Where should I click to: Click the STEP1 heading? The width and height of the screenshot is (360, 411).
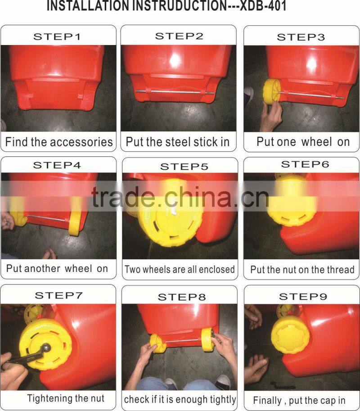pos(57,37)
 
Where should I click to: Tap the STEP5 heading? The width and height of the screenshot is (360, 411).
pos(184,167)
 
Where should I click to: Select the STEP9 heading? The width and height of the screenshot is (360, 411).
pos(303,297)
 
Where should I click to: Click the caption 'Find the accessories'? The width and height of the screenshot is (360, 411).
pos(59,142)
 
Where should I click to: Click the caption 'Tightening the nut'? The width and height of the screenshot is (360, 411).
pos(66,398)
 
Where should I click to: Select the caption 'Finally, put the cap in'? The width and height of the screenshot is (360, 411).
pos(299,400)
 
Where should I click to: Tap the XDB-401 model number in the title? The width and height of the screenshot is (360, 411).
pos(263,6)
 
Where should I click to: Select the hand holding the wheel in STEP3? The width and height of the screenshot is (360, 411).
pos(271,115)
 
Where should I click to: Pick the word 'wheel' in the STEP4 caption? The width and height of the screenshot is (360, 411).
pos(78,268)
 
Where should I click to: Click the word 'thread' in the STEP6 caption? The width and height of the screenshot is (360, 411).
pos(340,270)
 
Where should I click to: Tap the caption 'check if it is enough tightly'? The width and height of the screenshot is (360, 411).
pos(180,399)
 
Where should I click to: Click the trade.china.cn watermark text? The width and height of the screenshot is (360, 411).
pos(180,197)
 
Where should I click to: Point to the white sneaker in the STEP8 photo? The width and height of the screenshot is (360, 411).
pos(223,383)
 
